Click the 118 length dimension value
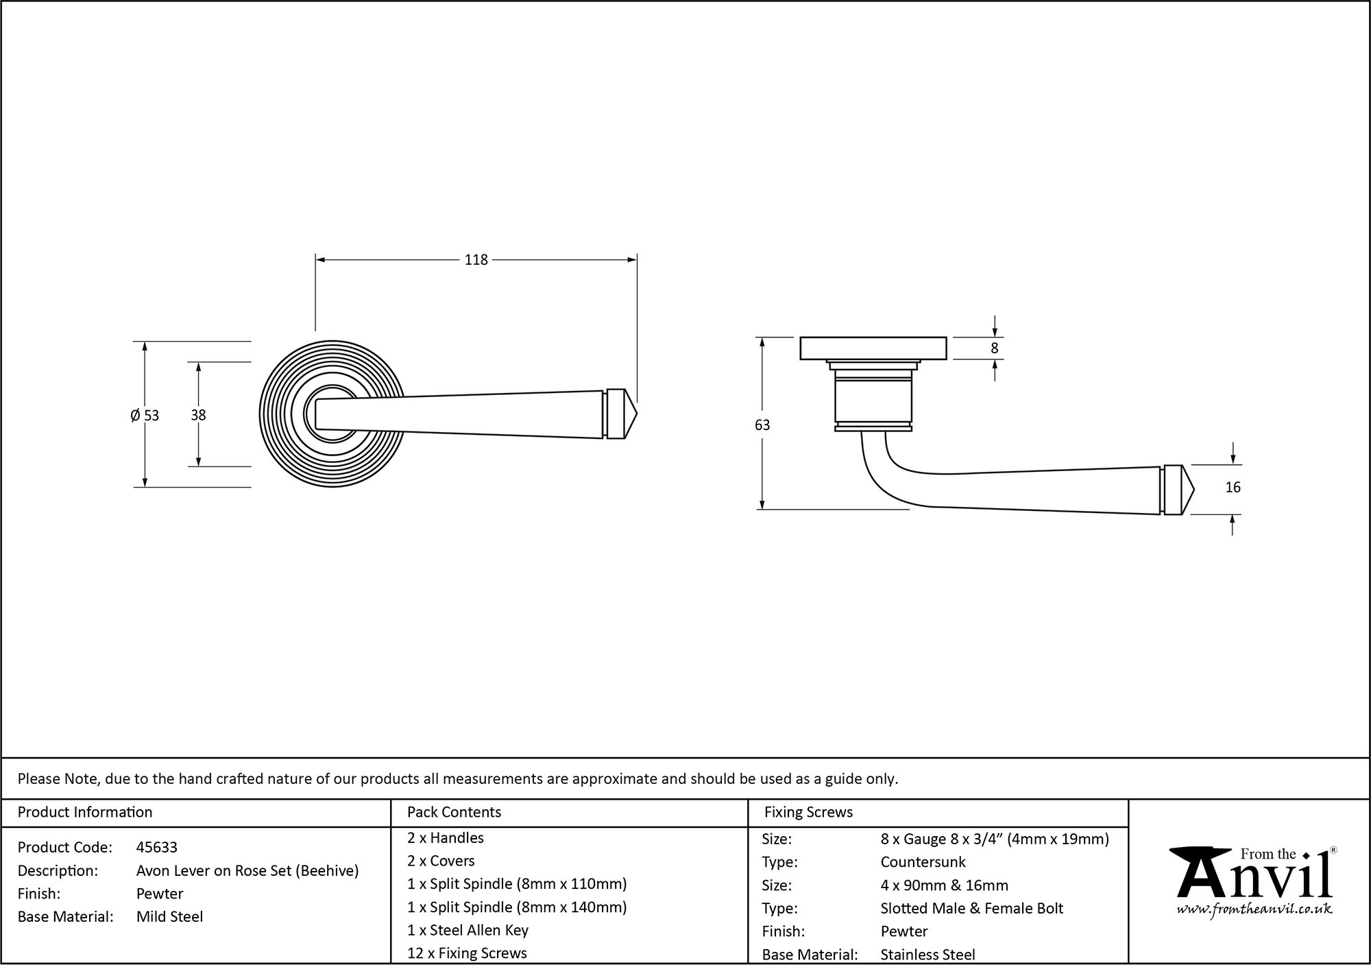coord(476,260)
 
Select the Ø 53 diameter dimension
coord(145,415)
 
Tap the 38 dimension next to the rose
coord(198,415)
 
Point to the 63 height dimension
coord(762,425)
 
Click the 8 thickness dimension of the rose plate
coord(995,348)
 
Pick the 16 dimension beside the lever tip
coord(1233,488)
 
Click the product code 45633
coord(157,847)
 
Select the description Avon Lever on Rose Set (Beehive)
coord(247,870)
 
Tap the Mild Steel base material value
coord(169,916)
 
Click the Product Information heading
coord(85,812)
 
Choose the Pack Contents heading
coord(454,812)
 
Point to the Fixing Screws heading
coord(808,812)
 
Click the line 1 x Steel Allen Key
coord(468,930)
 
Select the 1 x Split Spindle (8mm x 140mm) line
coord(517,907)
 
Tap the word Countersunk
coord(923,862)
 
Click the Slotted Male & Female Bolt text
coord(971,908)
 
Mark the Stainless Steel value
coord(927,954)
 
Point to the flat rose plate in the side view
coord(873,348)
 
